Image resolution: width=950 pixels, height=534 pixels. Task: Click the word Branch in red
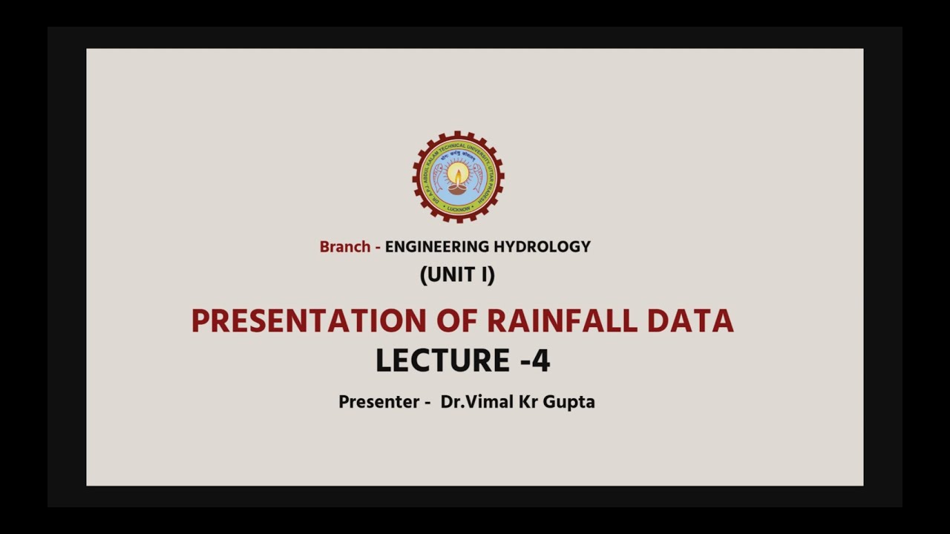(x=344, y=247)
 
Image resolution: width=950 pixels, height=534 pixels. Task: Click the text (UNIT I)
(x=457, y=275)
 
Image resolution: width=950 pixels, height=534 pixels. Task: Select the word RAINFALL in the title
(x=562, y=321)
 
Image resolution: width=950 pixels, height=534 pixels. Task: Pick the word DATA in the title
(x=690, y=321)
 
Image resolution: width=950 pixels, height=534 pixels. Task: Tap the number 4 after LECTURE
(x=541, y=361)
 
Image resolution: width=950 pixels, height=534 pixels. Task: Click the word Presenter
(x=379, y=402)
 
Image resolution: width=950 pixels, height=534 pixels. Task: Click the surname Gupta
(x=569, y=402)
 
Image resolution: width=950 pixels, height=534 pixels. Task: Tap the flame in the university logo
(x=458, y=176)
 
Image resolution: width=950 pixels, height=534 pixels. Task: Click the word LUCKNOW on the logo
(x=458, y=209)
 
